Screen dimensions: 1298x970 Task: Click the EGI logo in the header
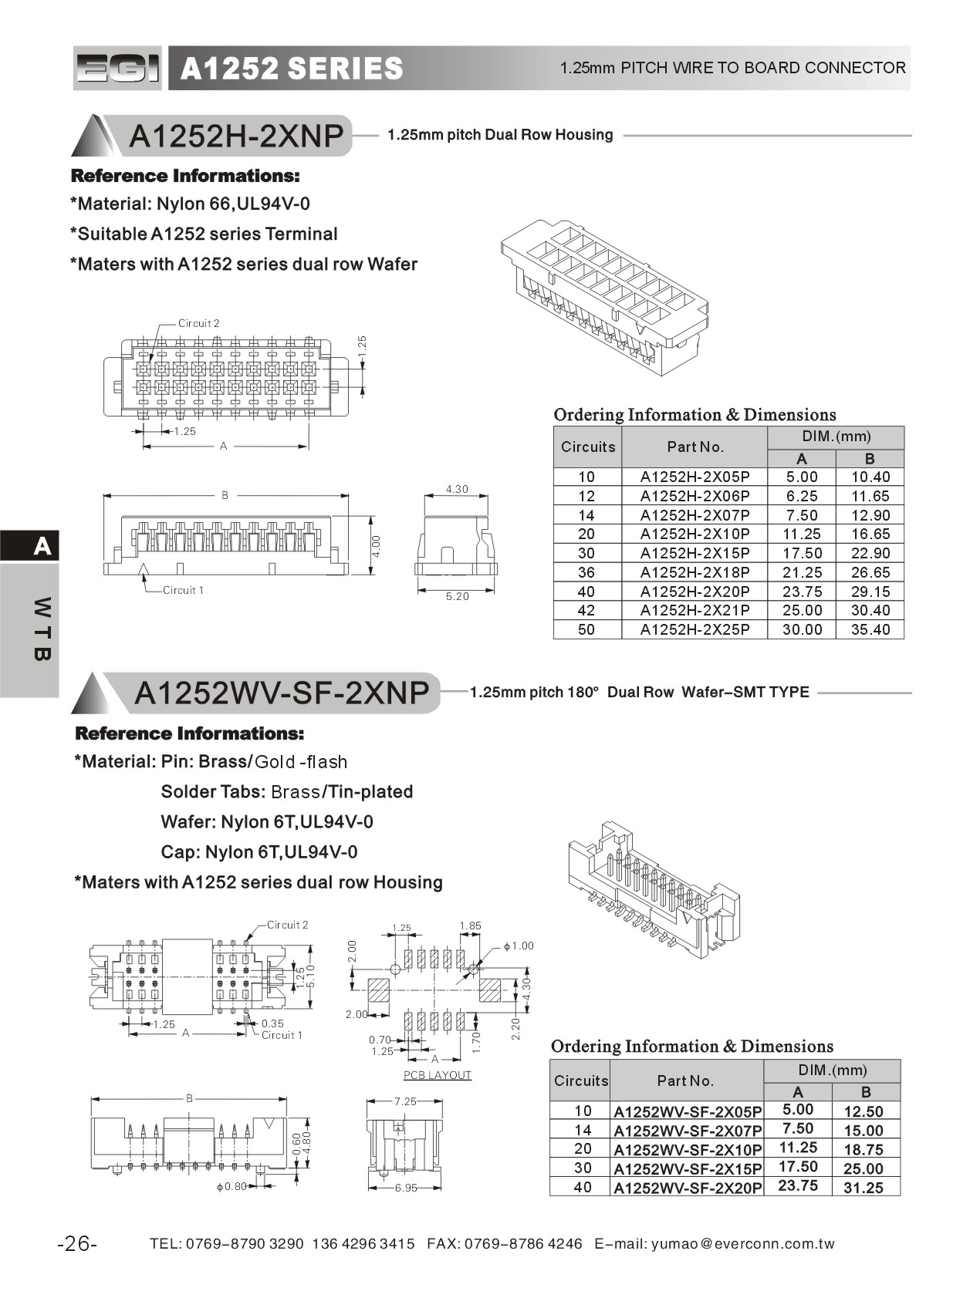point(117,69)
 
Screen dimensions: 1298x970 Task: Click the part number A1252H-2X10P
point(695,534)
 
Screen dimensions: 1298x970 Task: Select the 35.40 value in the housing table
point(870,629)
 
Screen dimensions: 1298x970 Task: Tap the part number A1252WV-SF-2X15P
point(688,1168)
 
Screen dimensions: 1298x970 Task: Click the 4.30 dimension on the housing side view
point(457,489)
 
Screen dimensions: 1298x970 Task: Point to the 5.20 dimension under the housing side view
point(457,596)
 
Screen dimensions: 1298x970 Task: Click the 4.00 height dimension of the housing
point(377,545)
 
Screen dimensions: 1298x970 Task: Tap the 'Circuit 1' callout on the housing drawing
point(183,590)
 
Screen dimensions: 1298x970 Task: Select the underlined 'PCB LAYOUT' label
point(438,1075)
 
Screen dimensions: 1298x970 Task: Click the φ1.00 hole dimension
point(519,946)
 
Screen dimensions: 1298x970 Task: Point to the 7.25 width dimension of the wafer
point(405,1101)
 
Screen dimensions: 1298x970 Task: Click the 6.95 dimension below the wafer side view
point(406,1188)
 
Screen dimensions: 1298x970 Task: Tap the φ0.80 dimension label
point(231,1186)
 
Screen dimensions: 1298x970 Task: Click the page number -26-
point(77,1243)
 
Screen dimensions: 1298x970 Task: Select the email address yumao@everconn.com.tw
point(742,1243)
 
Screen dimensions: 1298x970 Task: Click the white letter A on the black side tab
point(42,547)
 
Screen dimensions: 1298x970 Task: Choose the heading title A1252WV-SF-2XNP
point(282,693)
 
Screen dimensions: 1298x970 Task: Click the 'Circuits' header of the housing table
point(588,447)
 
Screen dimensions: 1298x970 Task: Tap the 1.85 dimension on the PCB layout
point(470,925)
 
